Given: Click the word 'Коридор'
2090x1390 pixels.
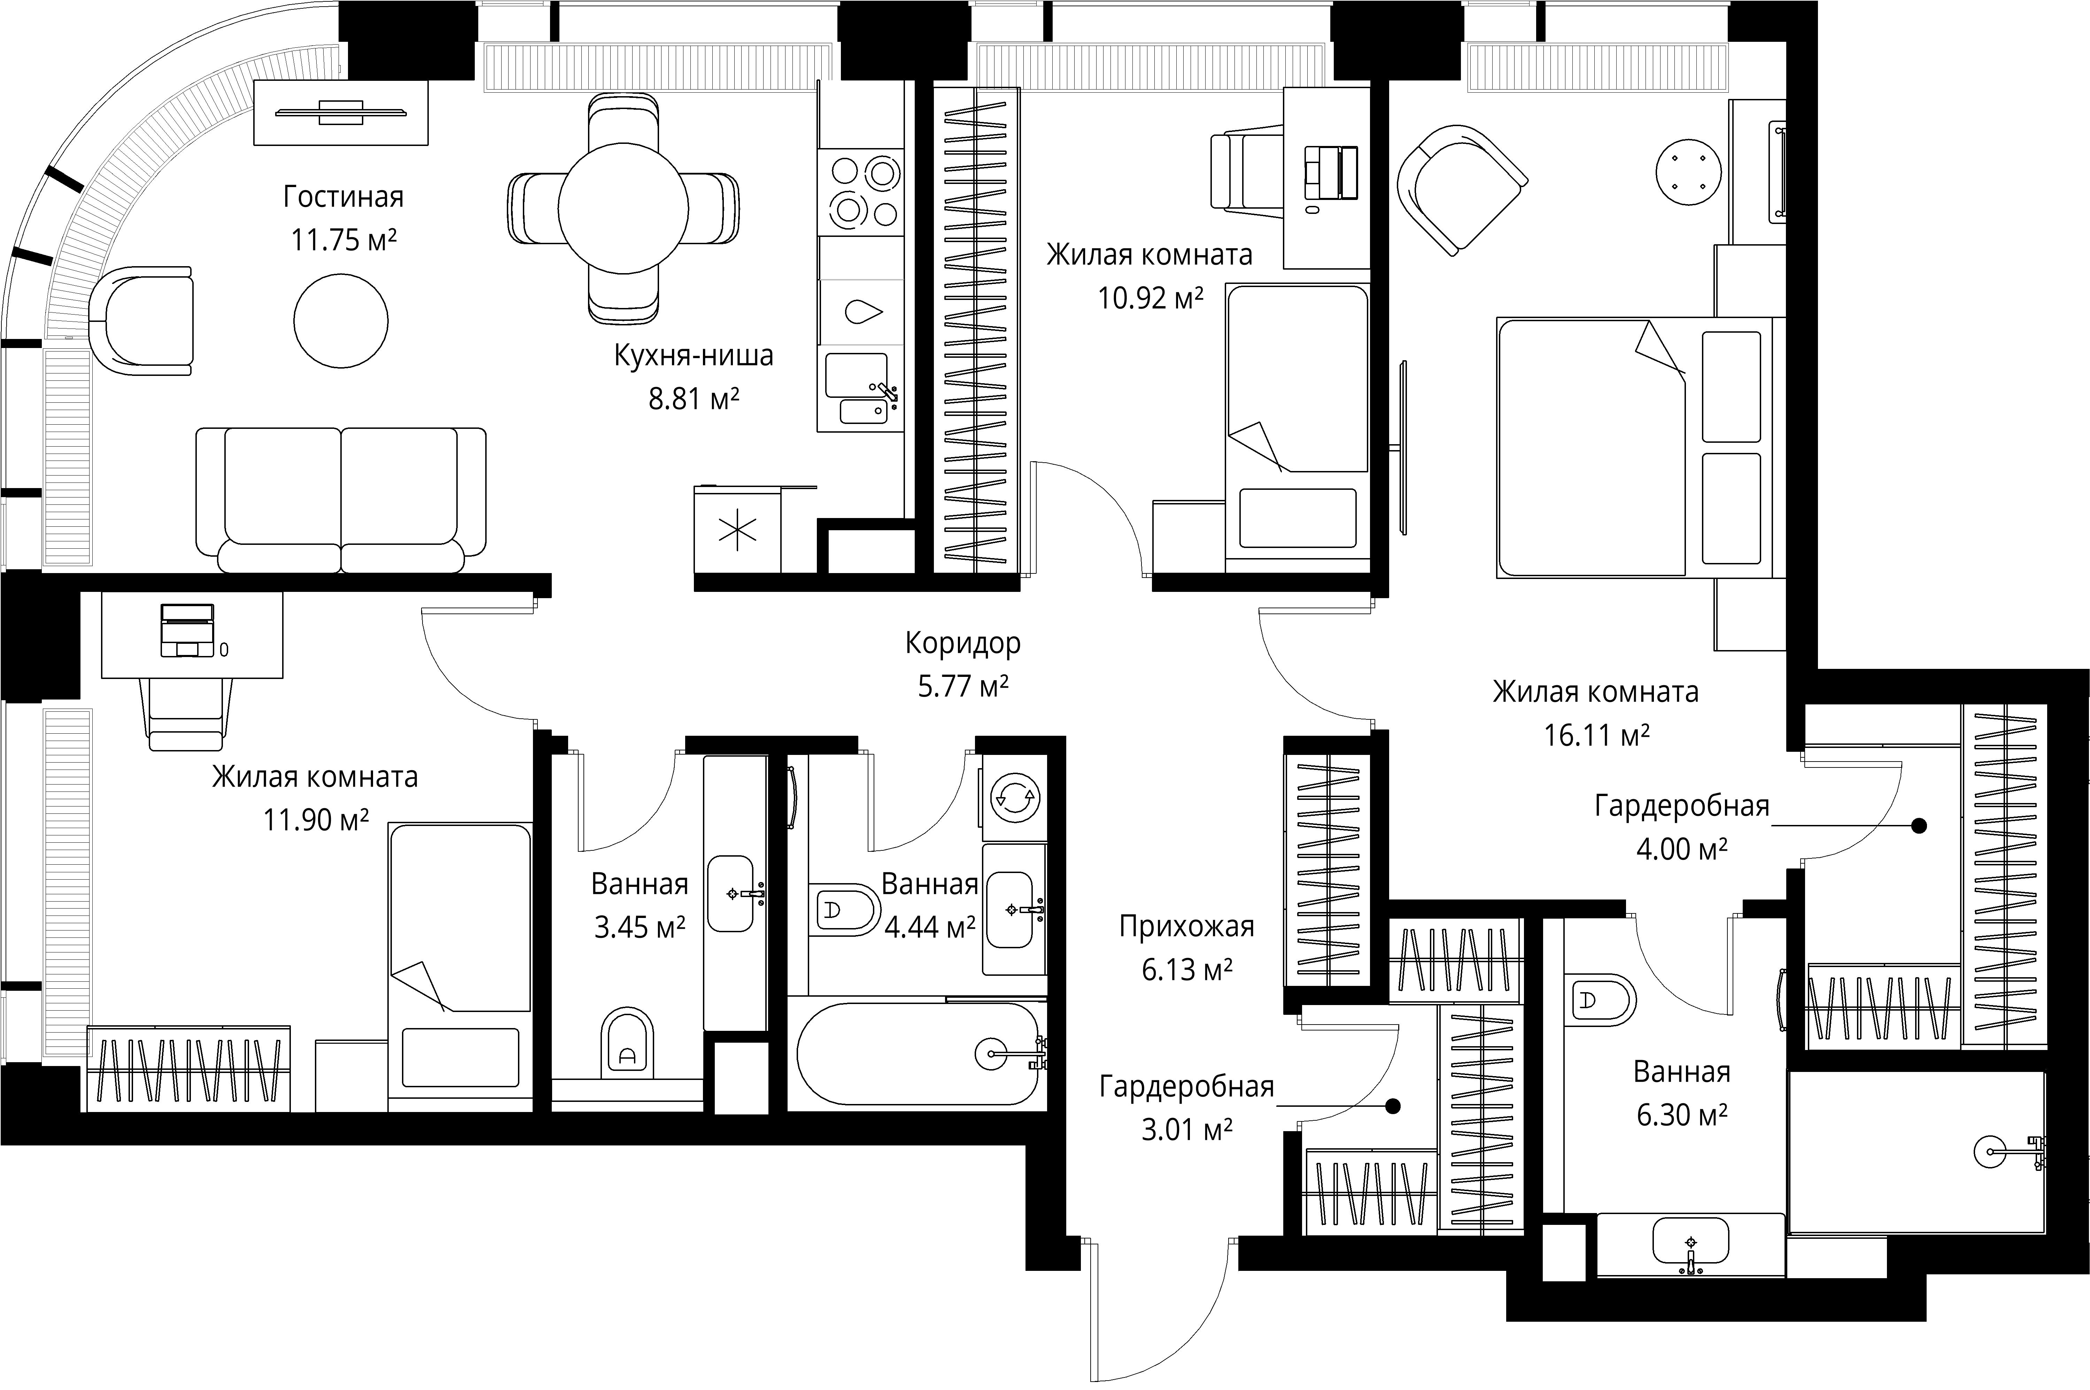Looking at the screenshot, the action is coord(962,643).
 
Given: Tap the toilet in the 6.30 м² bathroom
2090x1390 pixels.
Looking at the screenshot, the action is coord(1600,1001).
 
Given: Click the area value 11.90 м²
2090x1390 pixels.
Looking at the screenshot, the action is coord(316,820).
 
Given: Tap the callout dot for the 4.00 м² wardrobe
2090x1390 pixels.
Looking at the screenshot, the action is coord(1919,825).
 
